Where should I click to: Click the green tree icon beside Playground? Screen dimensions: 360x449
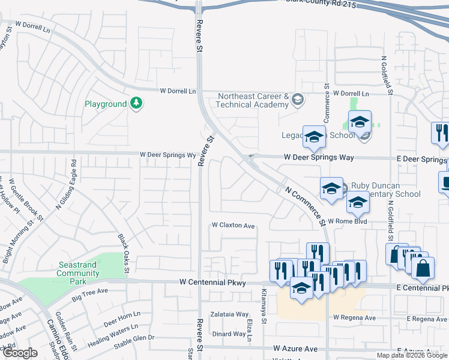pos(137,104)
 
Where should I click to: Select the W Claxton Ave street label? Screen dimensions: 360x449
pos(233,226)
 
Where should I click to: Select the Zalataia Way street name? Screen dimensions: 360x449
pos(229,314)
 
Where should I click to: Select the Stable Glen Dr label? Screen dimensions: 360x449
pos(134,338)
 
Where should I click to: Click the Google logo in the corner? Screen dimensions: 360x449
pos(20,352)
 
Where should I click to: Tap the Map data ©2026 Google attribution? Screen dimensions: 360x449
pos(411,355)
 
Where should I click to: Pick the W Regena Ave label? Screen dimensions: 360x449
pos(354,317)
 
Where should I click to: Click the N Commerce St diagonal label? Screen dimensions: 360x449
pos(305,203)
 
